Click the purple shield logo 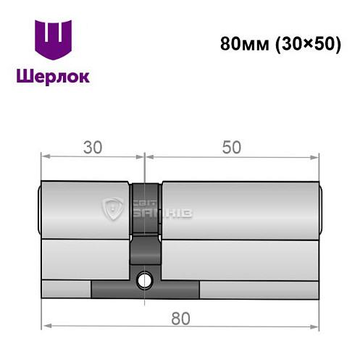pyautogui.click(x=54, y=40)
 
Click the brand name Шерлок pyautogui.click(x=53, y=77)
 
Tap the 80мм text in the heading pyautogui.click(x=244, y=44)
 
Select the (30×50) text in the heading pyautogui.click(x=308, y=45)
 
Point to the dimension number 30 pyautogui.click(x=93, y=148)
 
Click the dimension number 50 pyautogui.click(x=232, y=148)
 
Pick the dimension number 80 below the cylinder pyautogui.click(x=180, y=319)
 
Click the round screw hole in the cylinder pyautogui.click(x=144, y=280)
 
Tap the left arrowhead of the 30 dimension pyautogui.click(x=46, y=156)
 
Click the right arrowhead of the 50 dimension pyautogui.click(x=314, y=158)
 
